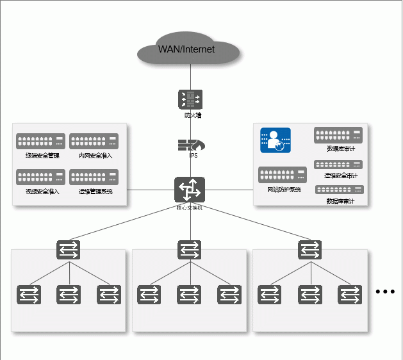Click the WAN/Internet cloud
(x=190, y=49)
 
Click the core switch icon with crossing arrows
(x=190, y=190)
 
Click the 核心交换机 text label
(x=190, y=208)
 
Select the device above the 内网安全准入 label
(x=94, y=142)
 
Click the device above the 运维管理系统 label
(x=94, y=177)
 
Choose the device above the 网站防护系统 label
(x=283, y=175)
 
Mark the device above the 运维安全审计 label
(x=338, y=165)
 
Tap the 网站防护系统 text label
(x=284, y=190)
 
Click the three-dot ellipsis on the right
(x=386, y=292)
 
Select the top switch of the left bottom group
(x=69, y=250)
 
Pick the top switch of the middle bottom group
(x=189, y=250)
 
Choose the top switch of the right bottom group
(x=310, y=250)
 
